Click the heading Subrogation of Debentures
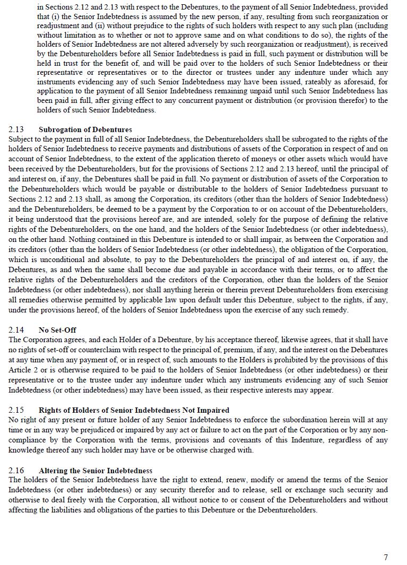85,129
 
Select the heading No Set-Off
57,330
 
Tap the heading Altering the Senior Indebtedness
95,471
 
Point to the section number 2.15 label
16,410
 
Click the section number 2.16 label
16,471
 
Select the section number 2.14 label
16,330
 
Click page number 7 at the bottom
386,557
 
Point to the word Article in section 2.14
20,370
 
